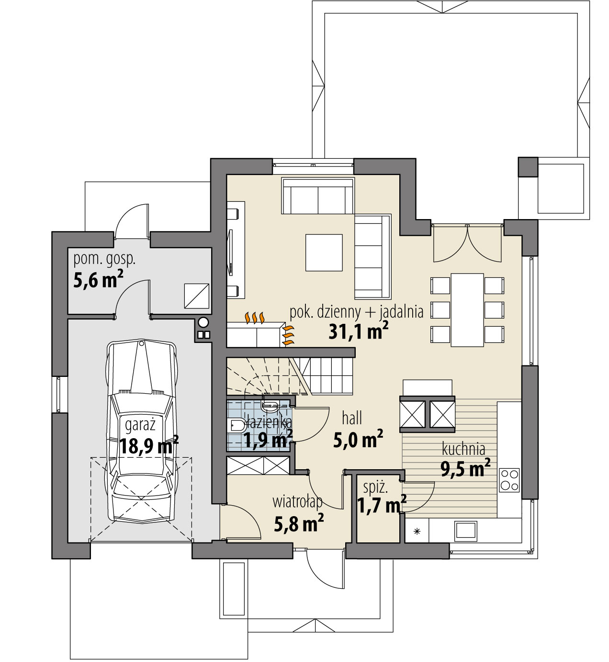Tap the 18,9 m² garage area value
tap(148, 445)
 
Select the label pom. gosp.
tap(104, 259)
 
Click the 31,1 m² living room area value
tap(358, 331)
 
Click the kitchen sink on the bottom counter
tap(465, 530)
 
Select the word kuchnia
tap(463, 449)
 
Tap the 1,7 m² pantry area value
tap(382, 505)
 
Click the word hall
tap(352, 418)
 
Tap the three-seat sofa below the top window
tap(318, 196)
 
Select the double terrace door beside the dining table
tap(467, 243)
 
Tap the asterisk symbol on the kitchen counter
tap(417, 531)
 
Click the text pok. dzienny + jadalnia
tap(357, 312)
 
